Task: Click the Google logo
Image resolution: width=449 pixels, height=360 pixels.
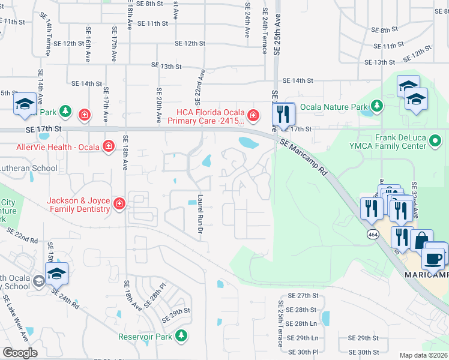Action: tap(20, 353)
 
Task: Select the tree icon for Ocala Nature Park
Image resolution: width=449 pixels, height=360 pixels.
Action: tap(377, 107)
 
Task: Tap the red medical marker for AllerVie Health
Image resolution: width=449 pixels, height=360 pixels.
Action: tap(109, 146)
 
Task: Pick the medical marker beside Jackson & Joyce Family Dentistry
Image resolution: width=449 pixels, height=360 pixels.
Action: tap(119, 205)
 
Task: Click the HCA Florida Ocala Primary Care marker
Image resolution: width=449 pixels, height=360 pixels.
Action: tap(253, 115)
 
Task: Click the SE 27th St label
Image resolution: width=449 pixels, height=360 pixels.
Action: tap(302, 296)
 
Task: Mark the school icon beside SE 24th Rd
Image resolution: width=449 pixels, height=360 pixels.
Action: tap(56, 274)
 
